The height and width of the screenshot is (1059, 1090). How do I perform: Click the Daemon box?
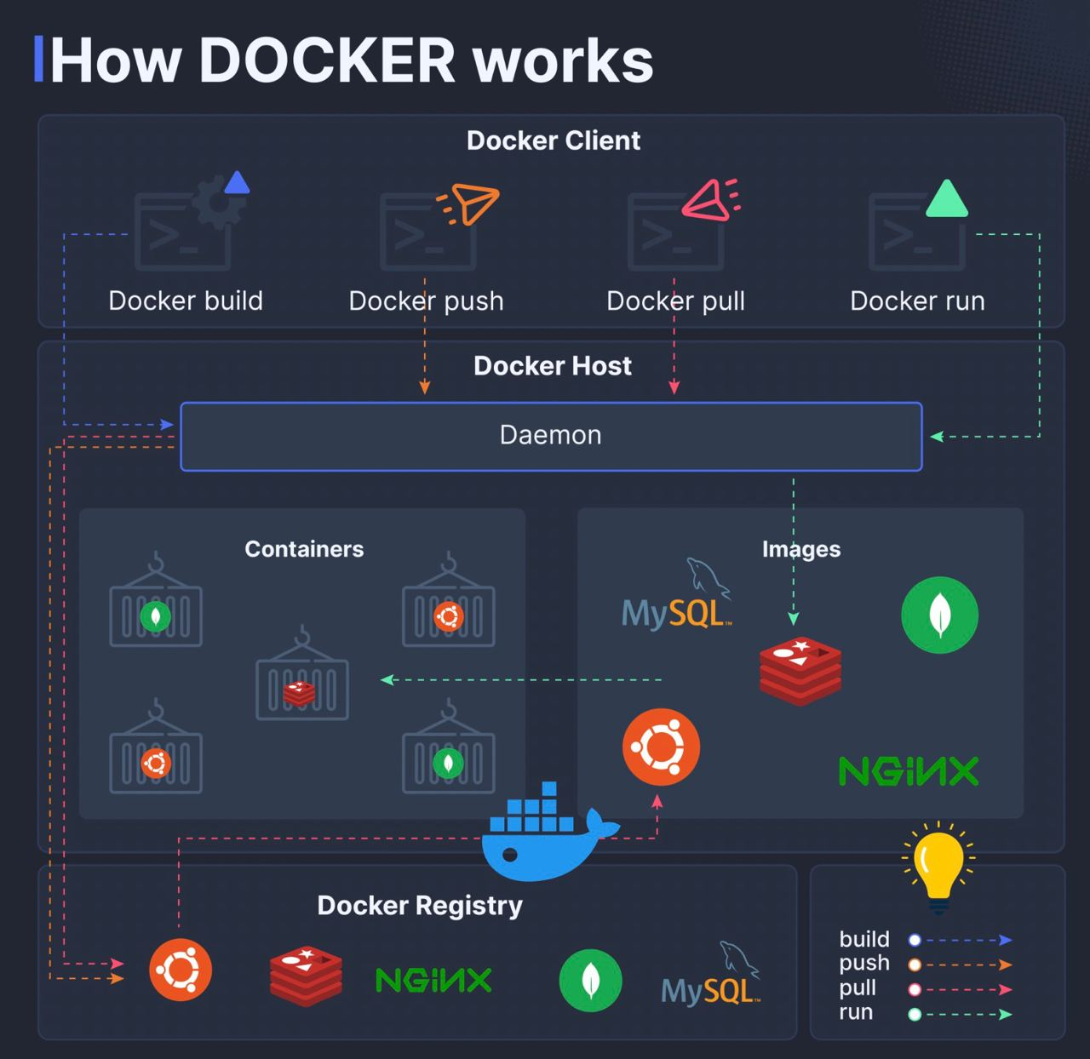(x=551, y=436)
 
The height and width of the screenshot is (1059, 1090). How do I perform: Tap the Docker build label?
(x=186, y=301)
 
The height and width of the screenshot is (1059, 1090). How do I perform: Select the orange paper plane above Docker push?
(x=470, y=203)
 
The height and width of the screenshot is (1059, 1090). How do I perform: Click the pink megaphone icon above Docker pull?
(x=709, y=200)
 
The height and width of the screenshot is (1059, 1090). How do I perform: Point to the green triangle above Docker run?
(x=947, y=200)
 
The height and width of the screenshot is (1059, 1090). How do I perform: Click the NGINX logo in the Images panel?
(x=909, y=771)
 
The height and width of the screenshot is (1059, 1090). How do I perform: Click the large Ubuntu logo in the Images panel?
(x=661, y=747)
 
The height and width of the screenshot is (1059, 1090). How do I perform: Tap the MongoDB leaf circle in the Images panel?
(x=939, y=615)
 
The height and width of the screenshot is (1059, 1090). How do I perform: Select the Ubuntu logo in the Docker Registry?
(x=181, y=970)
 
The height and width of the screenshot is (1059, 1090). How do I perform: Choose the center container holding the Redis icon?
(x=302, y=685)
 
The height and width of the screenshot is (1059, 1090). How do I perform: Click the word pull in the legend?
(x=858, y=987)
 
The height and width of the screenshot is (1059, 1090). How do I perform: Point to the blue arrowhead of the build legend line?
(x=1006, y=941)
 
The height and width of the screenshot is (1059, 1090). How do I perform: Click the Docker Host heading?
(x=552, y=366)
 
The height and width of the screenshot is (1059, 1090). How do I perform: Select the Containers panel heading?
(x=304, y=549)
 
